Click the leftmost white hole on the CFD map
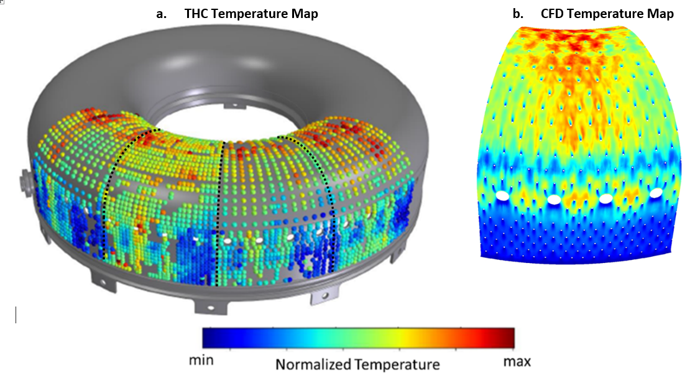[501, 196]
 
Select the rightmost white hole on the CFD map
[655, 195]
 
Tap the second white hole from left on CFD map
[553, 200]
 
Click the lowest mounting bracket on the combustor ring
[206, 305]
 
